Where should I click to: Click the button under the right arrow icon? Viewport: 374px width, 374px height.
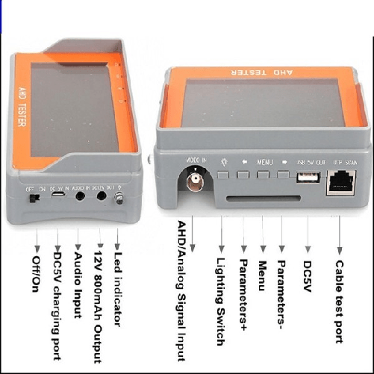tap(283, 176)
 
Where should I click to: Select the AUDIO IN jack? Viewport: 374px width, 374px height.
tap(80, 197)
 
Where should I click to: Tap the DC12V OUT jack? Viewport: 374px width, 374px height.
tap(101, 197)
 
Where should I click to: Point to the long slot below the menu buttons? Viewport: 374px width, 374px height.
tap(251, 200)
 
